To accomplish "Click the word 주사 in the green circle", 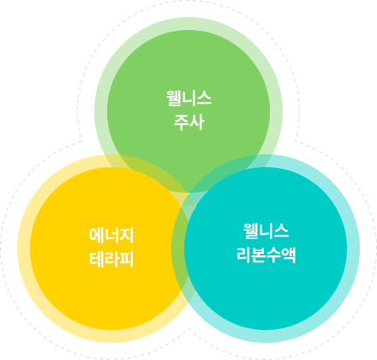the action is coord(188,122).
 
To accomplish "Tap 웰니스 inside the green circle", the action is coord(188,98).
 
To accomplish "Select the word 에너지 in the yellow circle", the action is coord(111,236).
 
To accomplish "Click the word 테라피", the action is coord(111,260).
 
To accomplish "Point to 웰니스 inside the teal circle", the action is coord(266,231).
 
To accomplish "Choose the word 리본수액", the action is coord(266,255).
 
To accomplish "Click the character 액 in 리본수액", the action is coord(289,255).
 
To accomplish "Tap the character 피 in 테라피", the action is coord(127,260).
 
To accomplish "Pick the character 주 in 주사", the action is coord(181,123).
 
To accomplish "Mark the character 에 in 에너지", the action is coord(96,236).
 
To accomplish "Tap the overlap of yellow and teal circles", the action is coord(188,249).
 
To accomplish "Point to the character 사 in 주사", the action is coord(197,122).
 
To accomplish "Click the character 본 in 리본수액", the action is coord(259,255).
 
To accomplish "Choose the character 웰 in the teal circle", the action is coord(250,231).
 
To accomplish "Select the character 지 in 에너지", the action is coord(127,236).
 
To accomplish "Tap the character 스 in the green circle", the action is coord(204,99).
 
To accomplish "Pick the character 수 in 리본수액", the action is coord(273,255).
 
